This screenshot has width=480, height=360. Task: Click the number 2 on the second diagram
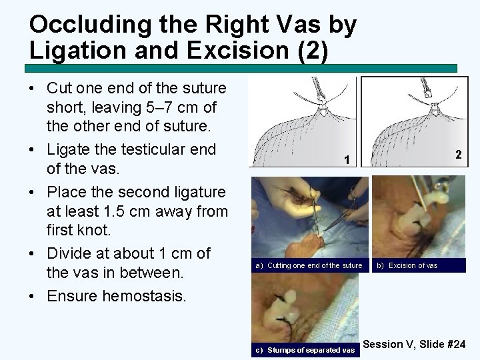pyautogui.click(x=458, y=154)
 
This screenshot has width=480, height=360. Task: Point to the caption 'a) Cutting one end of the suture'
pyautogui.click(x=308, y=265)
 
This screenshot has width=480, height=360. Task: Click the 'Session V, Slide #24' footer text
pyautogui.click(x=415, y=344)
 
